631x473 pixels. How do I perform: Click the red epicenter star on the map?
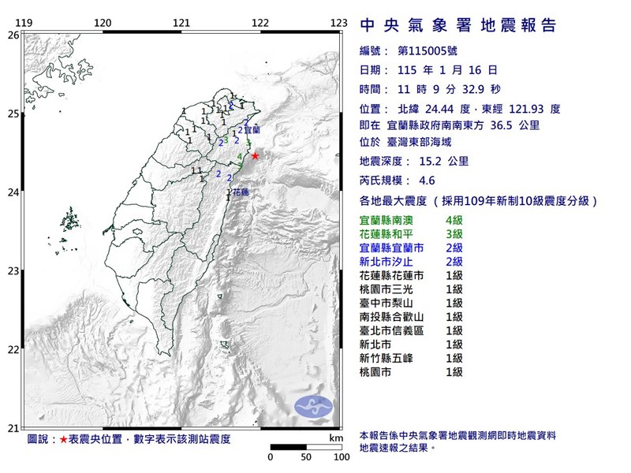(x=255, y=156)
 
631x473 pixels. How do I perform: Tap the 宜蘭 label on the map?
(x=252, y=128)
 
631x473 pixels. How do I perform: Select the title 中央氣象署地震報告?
(x=457, y=26)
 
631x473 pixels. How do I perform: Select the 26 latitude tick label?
(x=13, y=35)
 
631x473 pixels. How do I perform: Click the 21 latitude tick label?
(x=13, y=428)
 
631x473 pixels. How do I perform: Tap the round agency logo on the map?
(x=312, y=405)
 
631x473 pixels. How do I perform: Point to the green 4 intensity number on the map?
(x=240, y=158)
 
